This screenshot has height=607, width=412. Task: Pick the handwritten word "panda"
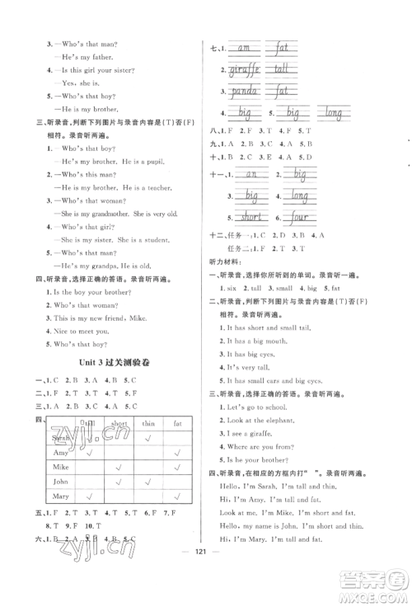pos(244,90)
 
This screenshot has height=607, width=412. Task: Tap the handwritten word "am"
pos(245,49)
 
